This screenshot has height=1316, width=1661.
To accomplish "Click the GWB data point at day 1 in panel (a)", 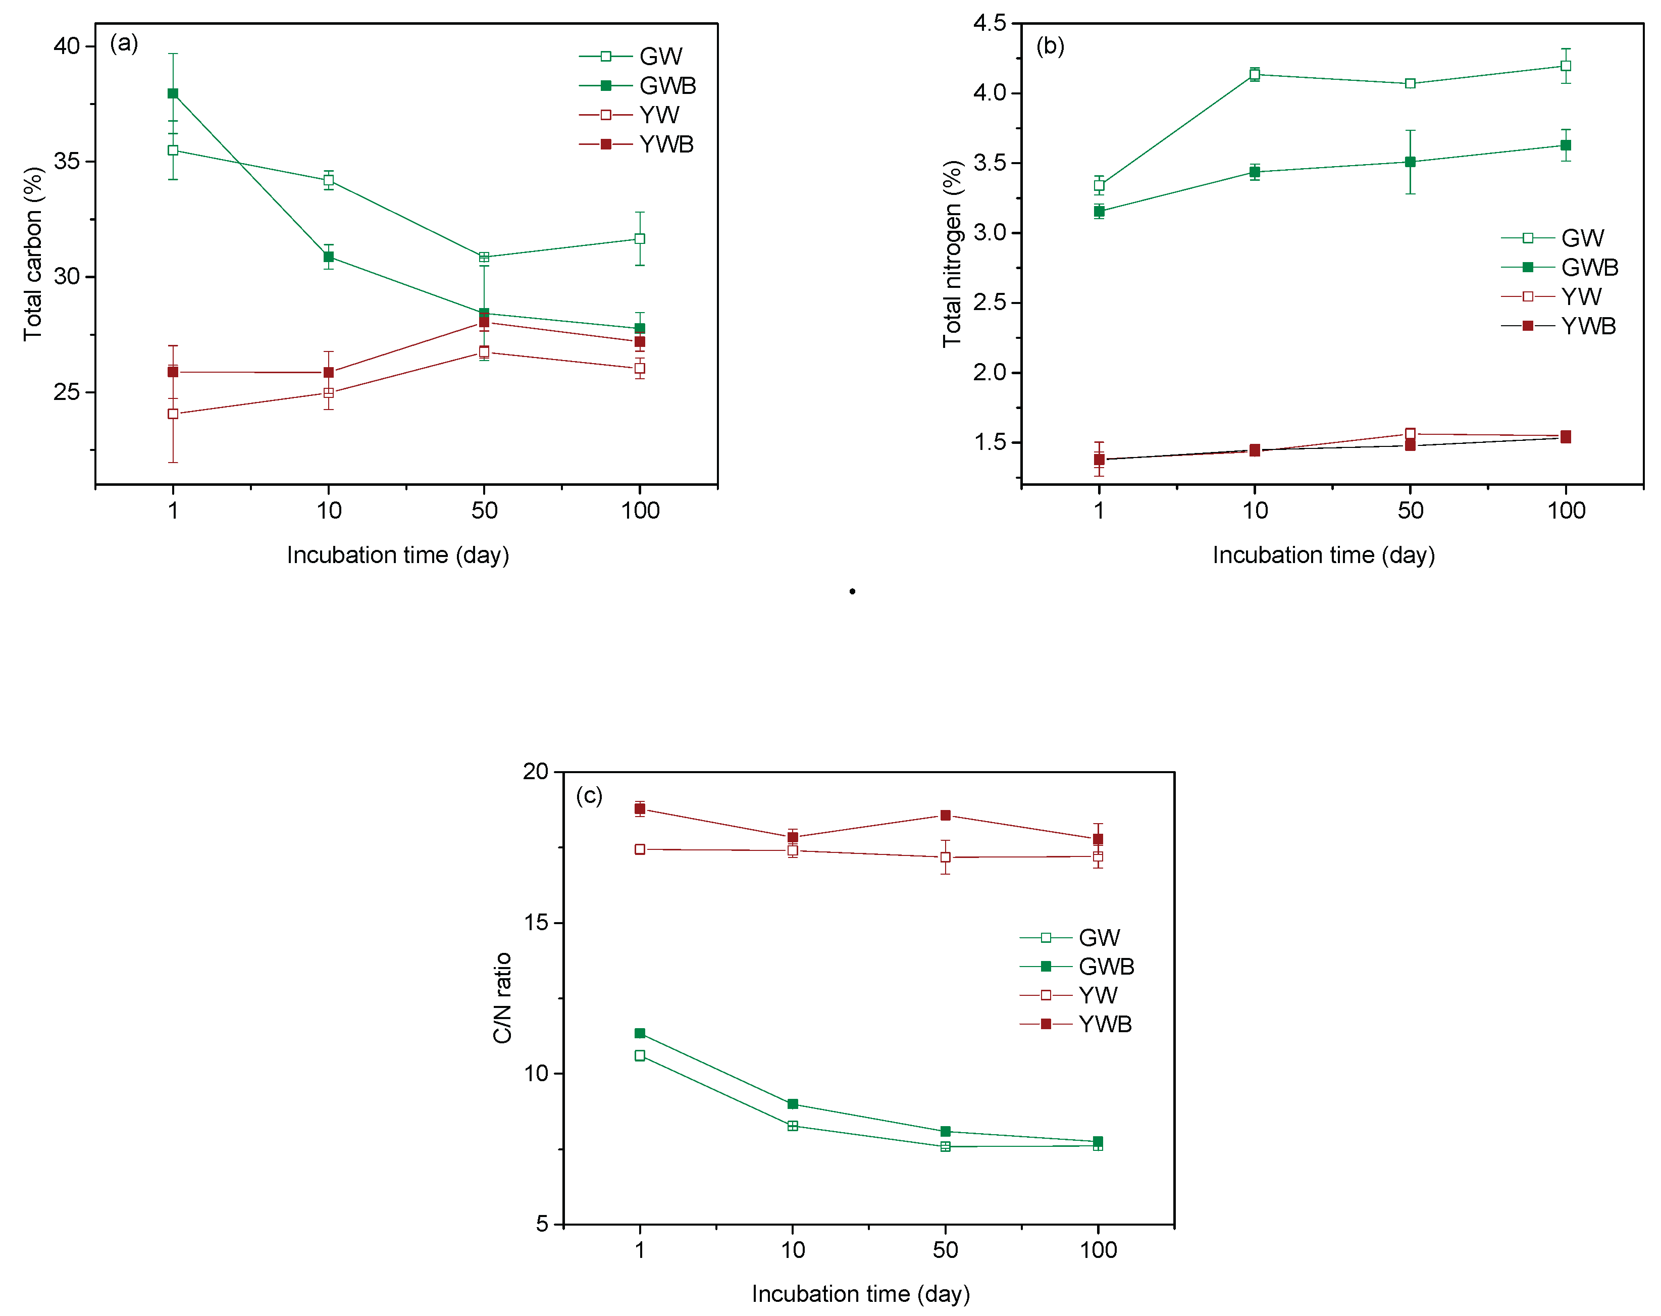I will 173,93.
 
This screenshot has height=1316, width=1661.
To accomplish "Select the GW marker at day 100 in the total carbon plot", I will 640,239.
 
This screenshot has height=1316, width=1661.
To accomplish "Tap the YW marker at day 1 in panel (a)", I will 173,414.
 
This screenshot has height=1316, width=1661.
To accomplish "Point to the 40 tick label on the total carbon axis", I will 67,46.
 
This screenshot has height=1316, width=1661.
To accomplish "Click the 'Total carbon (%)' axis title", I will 32,255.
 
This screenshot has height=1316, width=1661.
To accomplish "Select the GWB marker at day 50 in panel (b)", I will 1410,162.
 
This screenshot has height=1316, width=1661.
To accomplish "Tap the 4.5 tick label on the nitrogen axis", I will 990,23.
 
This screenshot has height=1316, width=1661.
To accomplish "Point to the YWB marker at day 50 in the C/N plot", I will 945,815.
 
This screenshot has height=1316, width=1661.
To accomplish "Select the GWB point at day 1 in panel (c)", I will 640,1033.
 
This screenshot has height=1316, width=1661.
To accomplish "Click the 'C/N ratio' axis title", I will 502,998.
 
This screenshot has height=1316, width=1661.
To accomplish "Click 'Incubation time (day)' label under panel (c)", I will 861,1294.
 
